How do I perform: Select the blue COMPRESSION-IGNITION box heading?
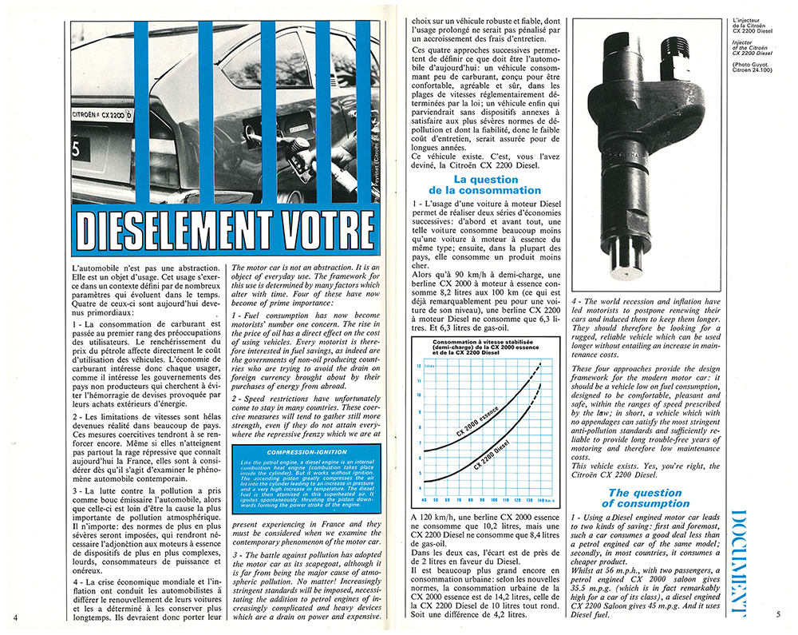[x=301, y=454]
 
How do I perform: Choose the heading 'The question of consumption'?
[x=644, y=498]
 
